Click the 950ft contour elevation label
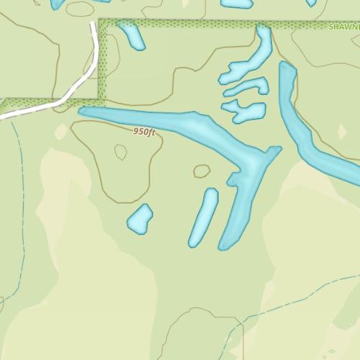pos(144,132)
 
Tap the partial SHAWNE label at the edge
pos(343,27)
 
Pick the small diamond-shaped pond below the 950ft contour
pos(140,219)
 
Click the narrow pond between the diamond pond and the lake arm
pos(204,217)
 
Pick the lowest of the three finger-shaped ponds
pos(245,111)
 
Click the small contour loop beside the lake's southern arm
pos(202,171)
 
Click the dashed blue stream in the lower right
pos(288,303)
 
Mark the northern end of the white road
pos(94,26)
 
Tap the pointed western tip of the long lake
pos(81,112)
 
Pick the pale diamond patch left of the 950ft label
pos(61,132)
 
